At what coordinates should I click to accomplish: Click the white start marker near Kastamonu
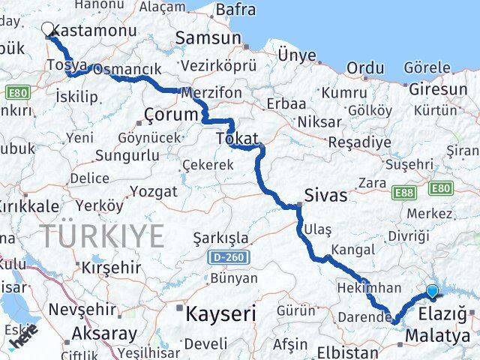point(48,29)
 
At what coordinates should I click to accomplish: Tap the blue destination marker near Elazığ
point(432,291)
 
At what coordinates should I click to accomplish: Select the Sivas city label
point(325,196)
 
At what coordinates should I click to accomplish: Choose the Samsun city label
point(208,38)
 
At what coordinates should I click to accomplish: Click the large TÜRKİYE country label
point(102,236)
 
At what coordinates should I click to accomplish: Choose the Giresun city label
point(437,90)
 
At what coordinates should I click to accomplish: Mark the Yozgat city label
point(154,191)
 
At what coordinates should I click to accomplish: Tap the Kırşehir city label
point(111,268)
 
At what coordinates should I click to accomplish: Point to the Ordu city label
point(366,68)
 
